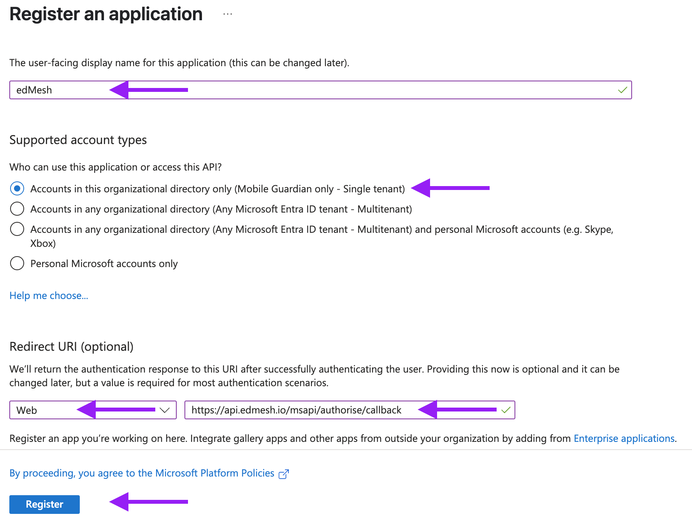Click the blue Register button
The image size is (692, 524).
coord(44,504)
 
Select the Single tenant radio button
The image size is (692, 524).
coord(17,189)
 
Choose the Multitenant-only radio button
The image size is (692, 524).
coord(17,209)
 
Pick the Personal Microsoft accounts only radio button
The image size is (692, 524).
coord(17,264)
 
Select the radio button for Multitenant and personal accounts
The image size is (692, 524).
coord(17,229)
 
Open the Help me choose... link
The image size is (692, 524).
coord(49,295)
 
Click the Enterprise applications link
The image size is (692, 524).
coord(624,438)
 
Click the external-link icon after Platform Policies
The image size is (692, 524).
coord(284,474)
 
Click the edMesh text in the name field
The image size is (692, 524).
coord(34,90)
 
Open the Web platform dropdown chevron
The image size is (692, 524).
coord(165,410)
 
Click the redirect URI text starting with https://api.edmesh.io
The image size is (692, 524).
coord(296,410)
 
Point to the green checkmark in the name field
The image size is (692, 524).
coord(622,90)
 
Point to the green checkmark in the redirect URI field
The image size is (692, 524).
coord(506,410)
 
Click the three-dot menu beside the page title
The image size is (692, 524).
coord(228,14)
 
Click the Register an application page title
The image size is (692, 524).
coord(106,14)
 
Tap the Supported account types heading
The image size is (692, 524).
coord(78,140)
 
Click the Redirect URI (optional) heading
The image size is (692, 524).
coord(71,346)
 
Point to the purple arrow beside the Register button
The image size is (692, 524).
coord(148,502)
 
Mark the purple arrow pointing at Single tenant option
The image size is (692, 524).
coord(450,188)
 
